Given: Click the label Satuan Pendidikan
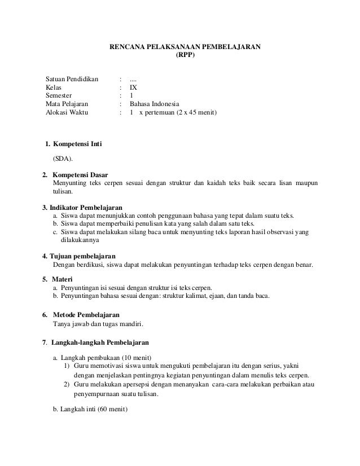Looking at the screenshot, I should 72,78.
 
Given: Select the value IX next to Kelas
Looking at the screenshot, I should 133,87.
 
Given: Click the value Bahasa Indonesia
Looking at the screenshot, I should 154,104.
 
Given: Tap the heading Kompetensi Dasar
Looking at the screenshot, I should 80,174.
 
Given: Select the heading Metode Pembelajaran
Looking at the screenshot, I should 86,314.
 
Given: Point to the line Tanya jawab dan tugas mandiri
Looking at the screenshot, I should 98,324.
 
